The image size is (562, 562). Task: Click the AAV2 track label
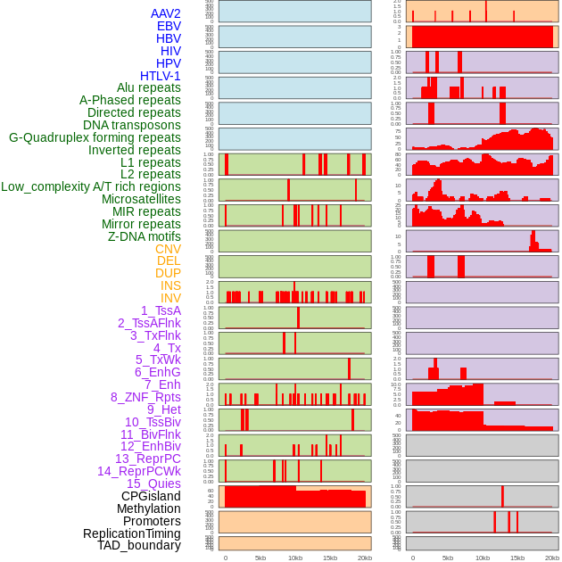point(166,13)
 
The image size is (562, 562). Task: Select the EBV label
point(169,26)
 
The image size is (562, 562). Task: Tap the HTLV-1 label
point(161,76)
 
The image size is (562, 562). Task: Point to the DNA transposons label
point(132,125)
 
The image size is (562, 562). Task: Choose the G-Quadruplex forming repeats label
point(95,137)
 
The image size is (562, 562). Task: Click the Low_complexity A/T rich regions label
point(91,186)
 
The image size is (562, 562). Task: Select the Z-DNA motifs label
point(145,236)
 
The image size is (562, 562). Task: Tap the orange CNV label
point(168,249)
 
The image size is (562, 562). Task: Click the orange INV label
point(170,298)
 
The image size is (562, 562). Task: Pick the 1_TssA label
point(161,310)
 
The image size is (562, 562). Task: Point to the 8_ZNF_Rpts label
point(145,397)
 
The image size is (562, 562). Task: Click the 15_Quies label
point(153,483)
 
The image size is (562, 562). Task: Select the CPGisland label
point(151,496)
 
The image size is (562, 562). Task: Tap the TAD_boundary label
point(139,545)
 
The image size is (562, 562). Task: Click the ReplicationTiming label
point(132,533)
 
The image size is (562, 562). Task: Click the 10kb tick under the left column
point(295,558)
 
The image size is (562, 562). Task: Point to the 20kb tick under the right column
point(552,558)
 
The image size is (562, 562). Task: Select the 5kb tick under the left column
point(260,558)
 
